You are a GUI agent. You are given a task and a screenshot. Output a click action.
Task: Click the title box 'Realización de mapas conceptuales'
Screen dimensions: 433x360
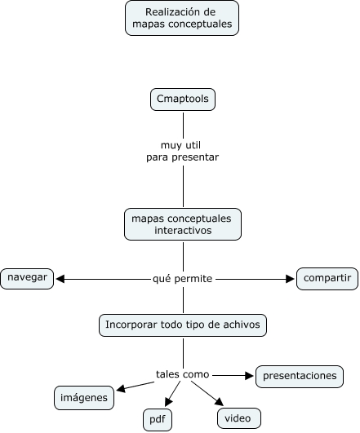pos(182,18)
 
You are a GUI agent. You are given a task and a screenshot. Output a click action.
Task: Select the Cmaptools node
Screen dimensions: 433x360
pos(183,99)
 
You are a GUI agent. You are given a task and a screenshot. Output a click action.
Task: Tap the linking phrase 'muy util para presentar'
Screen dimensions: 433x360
pos(183,151)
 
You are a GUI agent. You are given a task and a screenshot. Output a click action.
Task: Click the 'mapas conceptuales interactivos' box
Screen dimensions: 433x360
pos(183,224)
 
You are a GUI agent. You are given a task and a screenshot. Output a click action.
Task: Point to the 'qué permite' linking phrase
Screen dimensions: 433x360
pos(183,279)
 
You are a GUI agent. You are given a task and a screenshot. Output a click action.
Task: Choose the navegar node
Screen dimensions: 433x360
pos(28,278)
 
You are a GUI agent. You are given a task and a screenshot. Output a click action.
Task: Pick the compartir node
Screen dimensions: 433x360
pos(327,279)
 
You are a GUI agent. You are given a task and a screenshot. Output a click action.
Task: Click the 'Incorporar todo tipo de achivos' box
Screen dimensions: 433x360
pos(183,325)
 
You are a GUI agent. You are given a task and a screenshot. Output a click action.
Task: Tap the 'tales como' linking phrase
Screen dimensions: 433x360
pos(183,374)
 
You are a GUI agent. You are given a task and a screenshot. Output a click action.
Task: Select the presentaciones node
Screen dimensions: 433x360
pos(299,376)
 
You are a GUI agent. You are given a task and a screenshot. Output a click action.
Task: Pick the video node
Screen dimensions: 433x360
pos(239,418)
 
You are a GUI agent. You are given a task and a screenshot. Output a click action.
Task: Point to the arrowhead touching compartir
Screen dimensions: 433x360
pos(290,279)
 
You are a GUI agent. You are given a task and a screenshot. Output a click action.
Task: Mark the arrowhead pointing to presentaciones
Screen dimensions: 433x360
pos(251,375)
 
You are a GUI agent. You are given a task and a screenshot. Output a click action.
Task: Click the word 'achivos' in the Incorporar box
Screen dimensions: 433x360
pos(240,325)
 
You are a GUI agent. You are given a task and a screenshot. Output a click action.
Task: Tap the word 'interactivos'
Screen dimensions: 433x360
pos(183,231)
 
